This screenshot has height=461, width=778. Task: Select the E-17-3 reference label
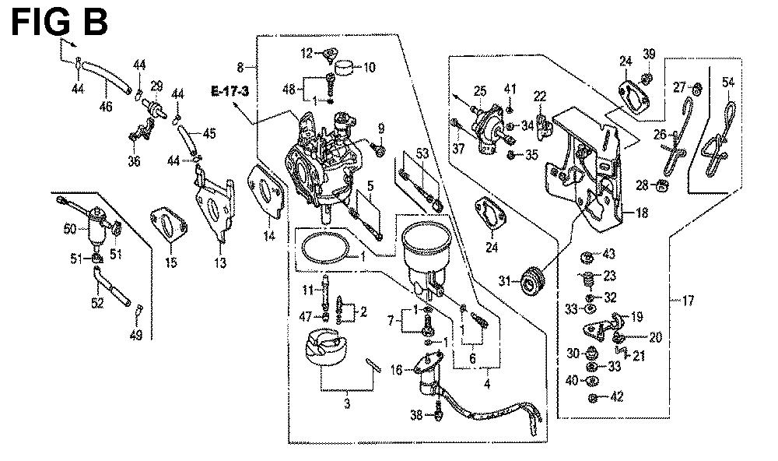tap(230, 92)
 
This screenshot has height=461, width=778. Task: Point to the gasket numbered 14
tap(266, 195)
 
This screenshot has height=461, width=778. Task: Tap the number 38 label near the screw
tap(416, 415)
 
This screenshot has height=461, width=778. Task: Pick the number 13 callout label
tap(221, 264)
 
